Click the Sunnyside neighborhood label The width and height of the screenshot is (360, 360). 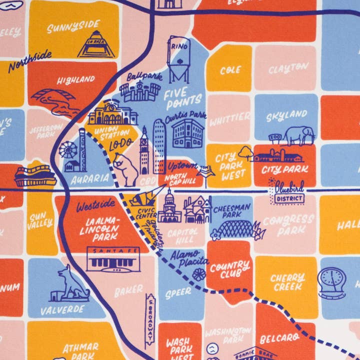[73, 26]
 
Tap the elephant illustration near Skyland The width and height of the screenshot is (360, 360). [299, 134]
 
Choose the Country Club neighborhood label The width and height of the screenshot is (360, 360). [229, 268]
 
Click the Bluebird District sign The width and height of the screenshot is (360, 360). [288, 192]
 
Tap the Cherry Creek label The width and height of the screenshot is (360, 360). [287, 281]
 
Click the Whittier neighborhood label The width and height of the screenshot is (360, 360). [229, 119]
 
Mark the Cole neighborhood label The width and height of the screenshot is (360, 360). [230, 70]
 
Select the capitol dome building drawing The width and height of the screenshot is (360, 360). [169, 207]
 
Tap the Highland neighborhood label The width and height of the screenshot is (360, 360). [75, 79]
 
